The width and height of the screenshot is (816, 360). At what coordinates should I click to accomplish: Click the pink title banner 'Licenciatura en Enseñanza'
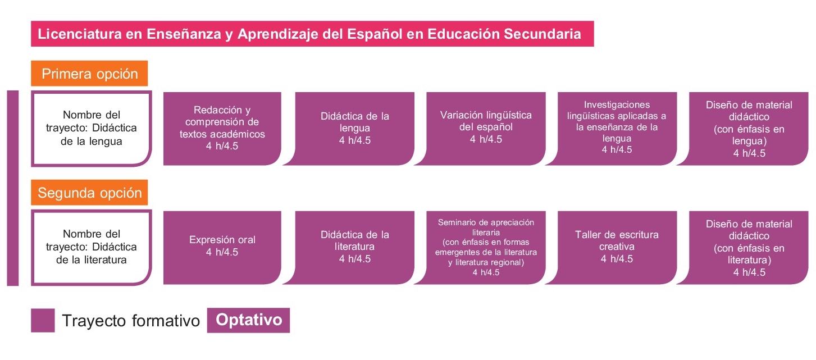[x=312, y=34]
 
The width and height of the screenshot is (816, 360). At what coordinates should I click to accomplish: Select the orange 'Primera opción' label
[x=89, y=74]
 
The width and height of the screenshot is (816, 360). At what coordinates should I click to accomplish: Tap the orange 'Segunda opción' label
[x=89, y=193]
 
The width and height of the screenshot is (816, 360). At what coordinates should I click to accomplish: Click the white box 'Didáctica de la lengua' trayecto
[x=91, y=128]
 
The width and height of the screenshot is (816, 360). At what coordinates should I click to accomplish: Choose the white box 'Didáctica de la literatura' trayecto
[x=91, y=248]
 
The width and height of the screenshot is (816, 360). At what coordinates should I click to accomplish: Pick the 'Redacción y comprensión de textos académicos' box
[x=222, y=129]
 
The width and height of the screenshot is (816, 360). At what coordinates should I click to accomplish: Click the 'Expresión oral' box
[x=222, y=248]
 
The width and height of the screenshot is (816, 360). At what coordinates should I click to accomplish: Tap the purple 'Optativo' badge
[x=248, y=320]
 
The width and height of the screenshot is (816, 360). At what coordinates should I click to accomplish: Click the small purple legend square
[x=43, y=321]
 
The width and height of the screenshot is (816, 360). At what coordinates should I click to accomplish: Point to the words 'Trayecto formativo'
[x=131, y=321]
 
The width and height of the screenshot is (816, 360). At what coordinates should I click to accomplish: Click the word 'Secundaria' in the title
[x=543, y=34]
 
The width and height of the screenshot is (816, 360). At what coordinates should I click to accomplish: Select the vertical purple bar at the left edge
[x=13, y=188]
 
